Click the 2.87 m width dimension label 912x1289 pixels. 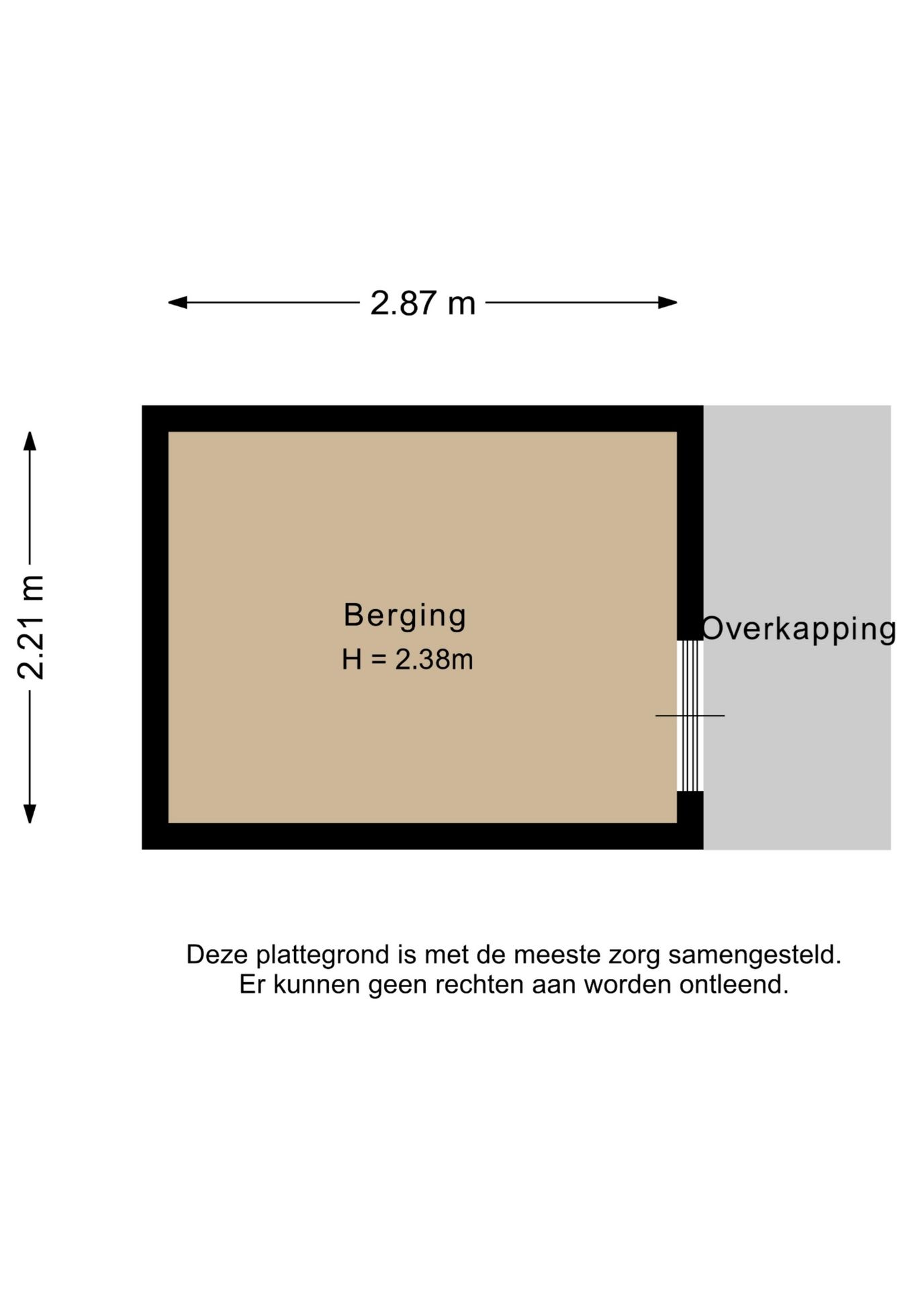click(x=422, y=303)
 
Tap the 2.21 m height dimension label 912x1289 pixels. click(x=31, y=627)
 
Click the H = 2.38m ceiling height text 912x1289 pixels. click(x=407, y=659)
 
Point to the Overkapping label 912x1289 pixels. click(x=799, y=630)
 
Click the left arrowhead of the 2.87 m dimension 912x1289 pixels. click(x=177, y=303)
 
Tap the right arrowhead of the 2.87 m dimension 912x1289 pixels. click(x=668, y=303)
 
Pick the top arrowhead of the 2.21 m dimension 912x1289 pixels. click(x=30, y=440)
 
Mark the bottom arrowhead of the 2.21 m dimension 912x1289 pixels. click(x=30, y=814)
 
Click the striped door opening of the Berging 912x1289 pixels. click(x=690, y=716)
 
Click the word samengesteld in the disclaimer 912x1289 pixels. click(x=754, y=955)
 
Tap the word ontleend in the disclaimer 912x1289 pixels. click(x=733, y=985)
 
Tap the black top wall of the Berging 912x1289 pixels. click(x=422, y=418)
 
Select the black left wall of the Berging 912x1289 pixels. click(x=155, y=627)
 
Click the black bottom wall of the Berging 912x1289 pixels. click(x=422, y=836)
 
